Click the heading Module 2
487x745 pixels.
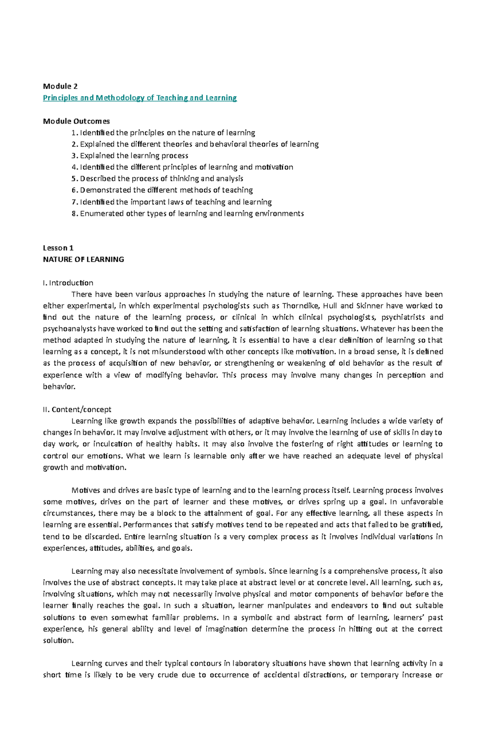(x=60, y=86)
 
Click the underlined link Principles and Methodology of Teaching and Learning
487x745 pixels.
(x=140, y=98)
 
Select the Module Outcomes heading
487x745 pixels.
(x=76, y=121)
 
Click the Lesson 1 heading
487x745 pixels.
(x=58, y=248)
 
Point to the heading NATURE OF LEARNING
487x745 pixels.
(x=83, y=259)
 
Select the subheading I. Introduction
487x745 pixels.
(x=68, y=283)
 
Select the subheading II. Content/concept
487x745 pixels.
(x=77, y=409)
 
